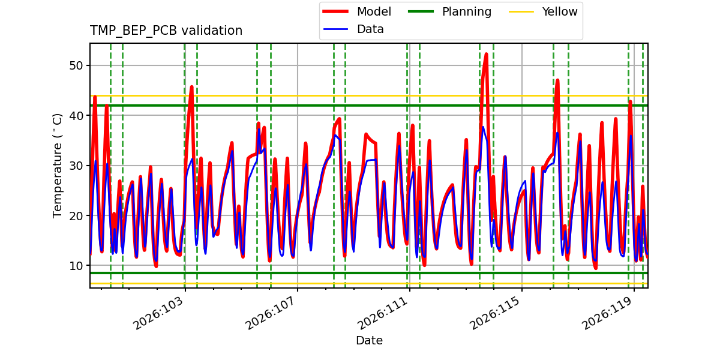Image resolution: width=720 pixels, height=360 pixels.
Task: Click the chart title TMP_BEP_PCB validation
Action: (x=166, y=31)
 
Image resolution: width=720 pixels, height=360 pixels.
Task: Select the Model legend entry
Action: (x=357, y=11)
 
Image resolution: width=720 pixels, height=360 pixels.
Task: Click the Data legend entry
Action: (x=353, y=29)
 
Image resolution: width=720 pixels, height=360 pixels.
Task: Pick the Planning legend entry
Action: (x=449, y=11)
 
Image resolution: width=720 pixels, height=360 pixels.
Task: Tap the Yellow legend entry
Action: (x=543, y=11)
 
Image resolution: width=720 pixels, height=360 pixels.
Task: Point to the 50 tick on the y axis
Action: (x=76, y=65)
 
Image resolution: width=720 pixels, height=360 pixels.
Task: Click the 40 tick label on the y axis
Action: (x=76, y=116)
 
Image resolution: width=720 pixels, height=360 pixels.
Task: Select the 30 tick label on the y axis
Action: (x=76, y=166)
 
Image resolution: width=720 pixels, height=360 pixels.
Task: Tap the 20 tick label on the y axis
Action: (x=76, y=215)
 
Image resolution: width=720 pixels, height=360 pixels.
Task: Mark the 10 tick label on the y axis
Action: (x=76, y=266)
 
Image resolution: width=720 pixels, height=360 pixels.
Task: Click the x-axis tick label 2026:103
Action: (x=158, y=313)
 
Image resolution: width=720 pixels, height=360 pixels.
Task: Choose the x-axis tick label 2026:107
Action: (x=271, y=313)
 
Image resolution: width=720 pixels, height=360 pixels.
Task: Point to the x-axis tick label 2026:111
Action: (x=383, y=313)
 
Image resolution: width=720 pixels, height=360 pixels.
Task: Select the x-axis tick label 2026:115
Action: (x=495, y=313)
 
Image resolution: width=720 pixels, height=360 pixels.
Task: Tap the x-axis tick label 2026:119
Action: (x=607, y=313)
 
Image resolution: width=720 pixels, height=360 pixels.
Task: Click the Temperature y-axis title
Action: (x=57, y=166)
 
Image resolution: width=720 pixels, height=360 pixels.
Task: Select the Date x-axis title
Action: (x=369, y=340)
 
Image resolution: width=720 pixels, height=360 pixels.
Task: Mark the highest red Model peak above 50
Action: (x=486, y=55)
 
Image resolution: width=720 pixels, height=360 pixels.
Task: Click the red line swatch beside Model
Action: (x=335, y=11)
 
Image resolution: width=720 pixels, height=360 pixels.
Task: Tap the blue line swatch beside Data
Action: (x=335, y=29)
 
